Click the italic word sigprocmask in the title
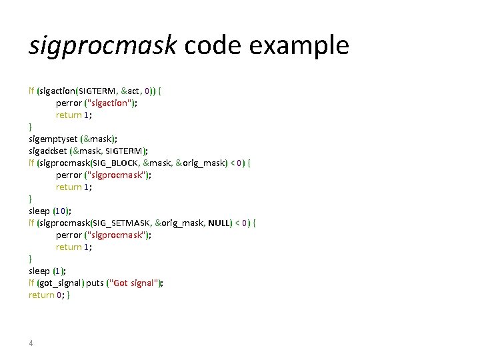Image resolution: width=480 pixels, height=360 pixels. [103, 45]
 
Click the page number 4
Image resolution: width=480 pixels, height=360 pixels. [31, 343]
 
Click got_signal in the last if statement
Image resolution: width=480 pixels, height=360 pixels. [64, 283]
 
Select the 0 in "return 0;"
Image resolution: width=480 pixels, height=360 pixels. [59, 295]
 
